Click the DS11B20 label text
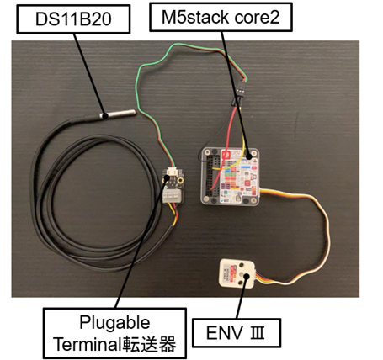point(73,19)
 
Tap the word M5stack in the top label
point(195,17)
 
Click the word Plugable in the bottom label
point(114,323)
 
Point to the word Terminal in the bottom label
point(88,344)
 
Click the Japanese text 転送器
point(149,344)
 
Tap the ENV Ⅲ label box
point(237,333)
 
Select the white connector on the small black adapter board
point(173,171)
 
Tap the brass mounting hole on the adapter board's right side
point(181,178)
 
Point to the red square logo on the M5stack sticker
point(225,155)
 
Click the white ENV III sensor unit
point(237,273)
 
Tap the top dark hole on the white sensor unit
point(242,265)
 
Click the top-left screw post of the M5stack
point(207,152)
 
